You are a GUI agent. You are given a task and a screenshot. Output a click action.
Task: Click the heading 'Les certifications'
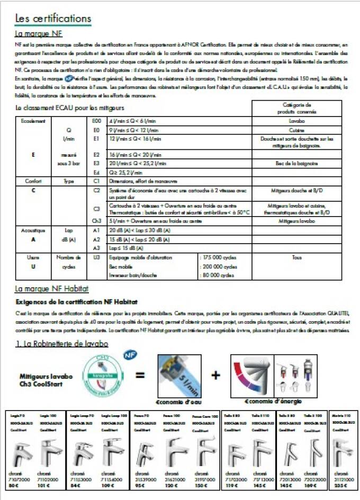(53, 19)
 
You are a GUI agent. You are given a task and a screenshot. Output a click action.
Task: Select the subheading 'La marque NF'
(39, 33)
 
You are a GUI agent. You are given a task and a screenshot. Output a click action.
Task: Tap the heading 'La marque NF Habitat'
(51, 289)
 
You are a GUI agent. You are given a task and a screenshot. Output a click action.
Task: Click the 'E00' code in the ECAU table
(96, 121)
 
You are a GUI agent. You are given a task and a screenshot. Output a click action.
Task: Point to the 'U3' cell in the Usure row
(96, 257)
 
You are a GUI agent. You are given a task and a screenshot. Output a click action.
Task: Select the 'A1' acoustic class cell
(96, 231)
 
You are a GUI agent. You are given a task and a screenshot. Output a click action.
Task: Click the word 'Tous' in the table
(296, 257)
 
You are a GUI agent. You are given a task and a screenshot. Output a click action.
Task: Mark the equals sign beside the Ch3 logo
(140, 376)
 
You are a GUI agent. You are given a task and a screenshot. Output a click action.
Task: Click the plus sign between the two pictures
(215, 376)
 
